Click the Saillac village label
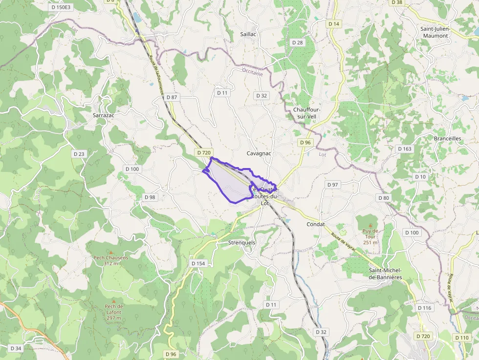(249, 34)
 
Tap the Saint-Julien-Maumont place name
(435, 32)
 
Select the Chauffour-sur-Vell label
(306, 113)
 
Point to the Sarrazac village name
(104, 115)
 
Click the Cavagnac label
(259, 153)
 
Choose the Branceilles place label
(447, 138)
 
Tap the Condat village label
(316, 224)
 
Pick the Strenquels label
(242, 242)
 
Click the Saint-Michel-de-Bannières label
(385, 274)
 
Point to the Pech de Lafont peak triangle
(114, 301)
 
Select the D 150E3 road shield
(61, 7)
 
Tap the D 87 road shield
(172, 97)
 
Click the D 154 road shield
(198, 263)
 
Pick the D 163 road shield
(404, 148)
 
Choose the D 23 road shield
(79, 154)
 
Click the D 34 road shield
(16, 348)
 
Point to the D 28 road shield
(297, 42)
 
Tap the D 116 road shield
(425, 308)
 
